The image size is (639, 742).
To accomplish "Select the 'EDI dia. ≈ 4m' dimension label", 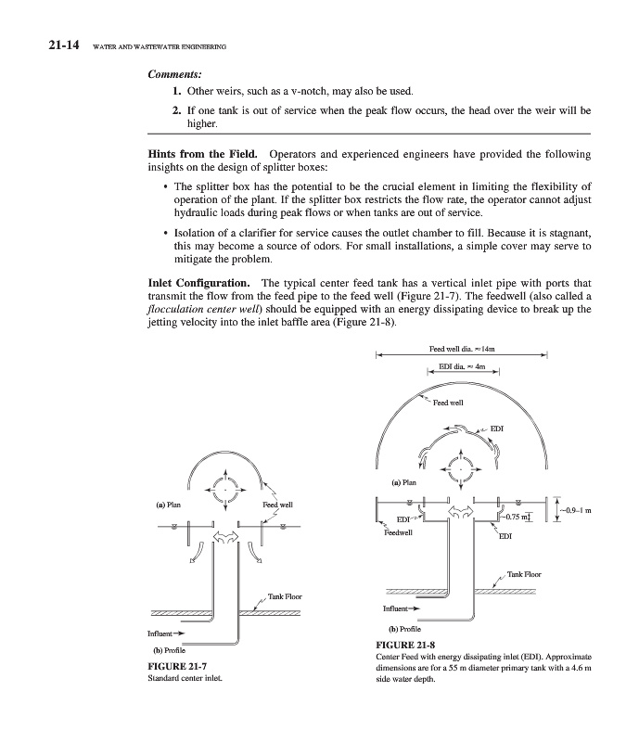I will pyautogui.click(x=461, y=370).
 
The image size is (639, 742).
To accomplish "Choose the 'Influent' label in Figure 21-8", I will pyautogui.click(x=401, y=609).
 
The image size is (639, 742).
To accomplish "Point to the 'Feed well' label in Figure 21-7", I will pyautogui.click(x=279, y=505).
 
